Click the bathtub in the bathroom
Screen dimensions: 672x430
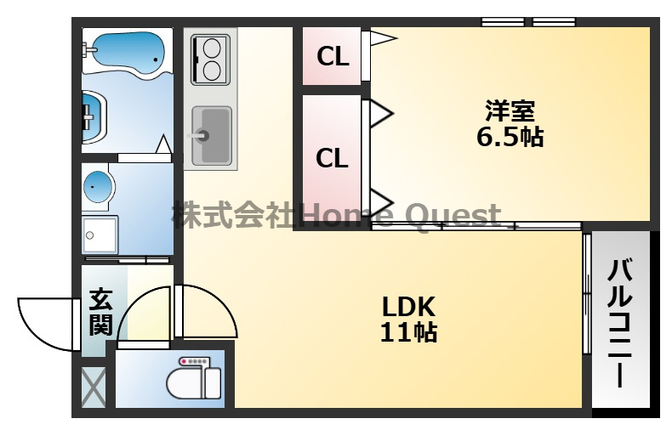(x=128, y=51)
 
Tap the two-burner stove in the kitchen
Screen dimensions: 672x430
(x=210, y=60)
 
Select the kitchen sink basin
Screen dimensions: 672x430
(x=212, y=136)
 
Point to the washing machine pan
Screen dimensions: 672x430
(x=100, y=235)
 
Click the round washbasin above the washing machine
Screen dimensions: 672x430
(x=99, y=187)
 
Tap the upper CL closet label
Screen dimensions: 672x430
(x=333, y=56)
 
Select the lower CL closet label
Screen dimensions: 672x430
(x=332, y=158)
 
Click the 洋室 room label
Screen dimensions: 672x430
(x=510, y=111)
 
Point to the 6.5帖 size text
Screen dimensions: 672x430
(x=510, y=137)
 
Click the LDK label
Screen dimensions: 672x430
(x=408, y=307)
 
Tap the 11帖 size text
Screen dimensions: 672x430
(x=408, y=332)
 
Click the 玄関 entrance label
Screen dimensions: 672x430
(x=101, y=313)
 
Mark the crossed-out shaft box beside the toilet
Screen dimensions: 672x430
(x=94, y=388)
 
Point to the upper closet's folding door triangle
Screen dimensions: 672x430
(x=384, y=38)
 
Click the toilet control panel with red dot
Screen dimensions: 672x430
(x=195, y=361)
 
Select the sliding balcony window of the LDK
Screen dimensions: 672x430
(x=587, y=293)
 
